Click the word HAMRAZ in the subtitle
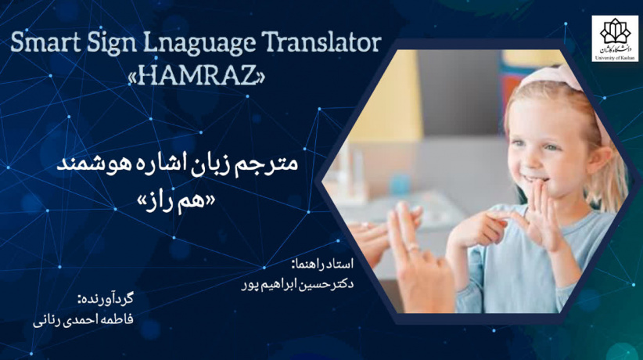coord(195,77)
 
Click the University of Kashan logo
coord(615,38)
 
